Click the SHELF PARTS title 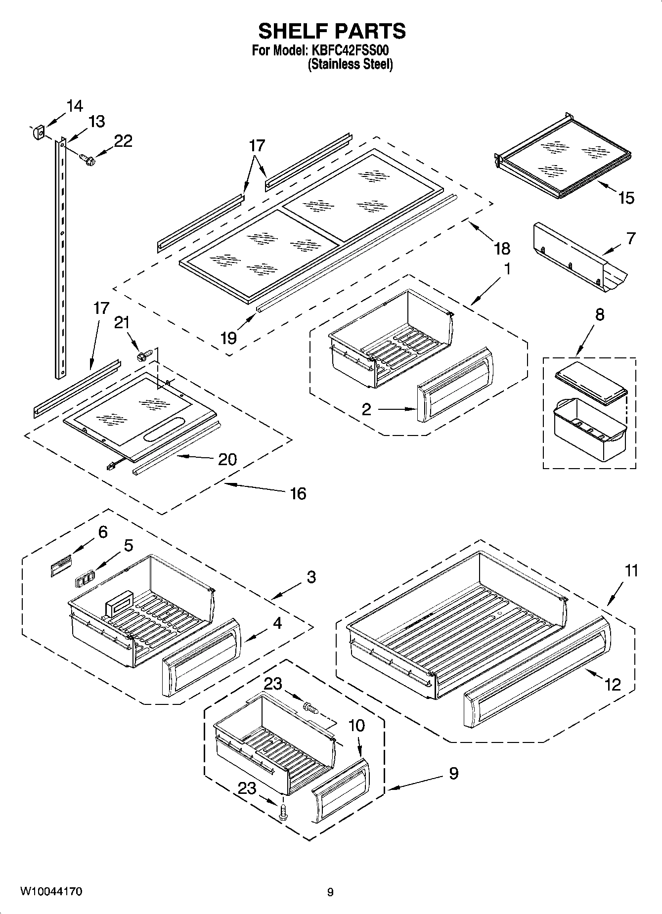(332, 31)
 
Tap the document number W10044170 (51, 891)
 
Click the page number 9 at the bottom (330, 892)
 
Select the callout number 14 (75, 106)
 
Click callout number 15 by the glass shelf (625, 198)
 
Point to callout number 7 (630, 239)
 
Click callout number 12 (612, 684)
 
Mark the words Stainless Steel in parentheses (350, 64)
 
